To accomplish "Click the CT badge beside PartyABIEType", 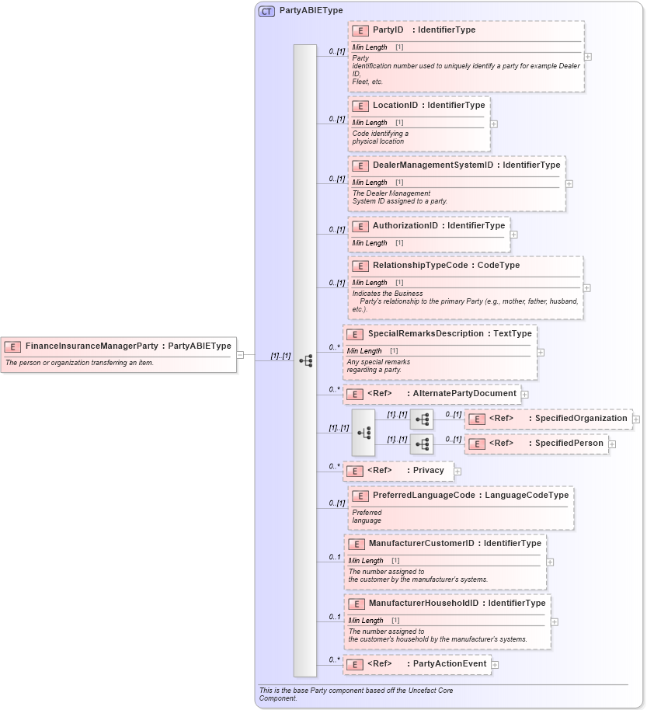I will [266, 11].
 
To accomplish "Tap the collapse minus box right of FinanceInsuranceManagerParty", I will [240, 355].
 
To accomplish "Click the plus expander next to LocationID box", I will [494, 124].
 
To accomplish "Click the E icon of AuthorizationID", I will [360, 226].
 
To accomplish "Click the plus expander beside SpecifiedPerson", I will [612, 444].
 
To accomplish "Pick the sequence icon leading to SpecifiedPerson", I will [422, 444].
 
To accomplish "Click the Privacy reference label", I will [428, 471].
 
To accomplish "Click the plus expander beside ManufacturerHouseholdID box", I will [555, 621].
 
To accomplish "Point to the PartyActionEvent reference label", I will [450, 664].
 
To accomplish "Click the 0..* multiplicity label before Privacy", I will [334, 467].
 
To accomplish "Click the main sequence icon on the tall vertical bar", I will [305, 361].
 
